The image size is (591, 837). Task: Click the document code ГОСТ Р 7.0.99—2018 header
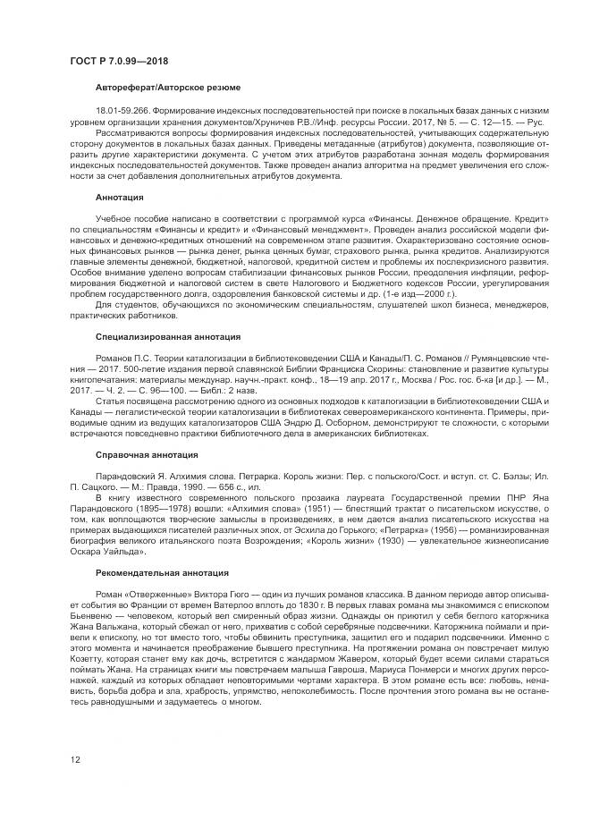tap(118, 61)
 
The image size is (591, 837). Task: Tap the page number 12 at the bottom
tap(75, 760)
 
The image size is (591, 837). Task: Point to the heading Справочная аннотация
tap(145, 453)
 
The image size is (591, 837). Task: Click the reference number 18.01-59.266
tap(122, 109)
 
